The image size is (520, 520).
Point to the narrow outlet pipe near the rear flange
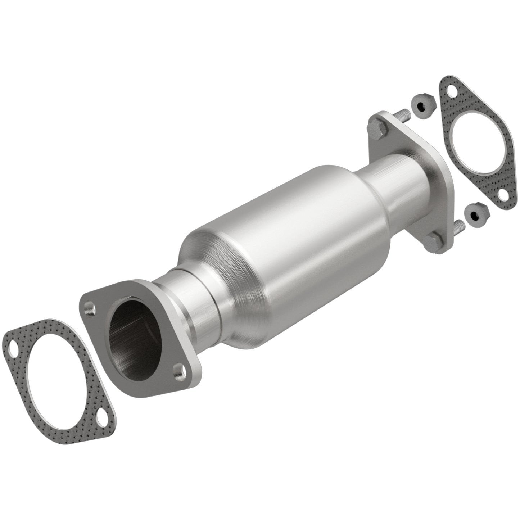[399, 180]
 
